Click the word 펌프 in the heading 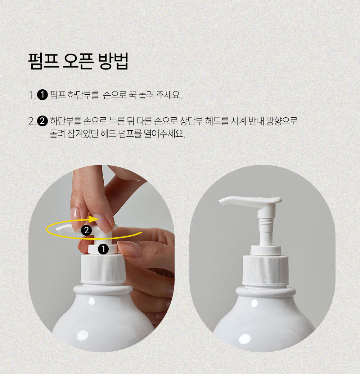44,61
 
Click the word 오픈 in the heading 78,61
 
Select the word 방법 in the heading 113,61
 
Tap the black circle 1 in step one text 42,95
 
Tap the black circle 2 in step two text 42,121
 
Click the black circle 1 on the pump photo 103,249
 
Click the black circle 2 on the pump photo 86,230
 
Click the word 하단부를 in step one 83,95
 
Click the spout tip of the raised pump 222,202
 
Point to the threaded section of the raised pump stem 266,223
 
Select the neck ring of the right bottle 266,292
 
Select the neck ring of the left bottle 103,290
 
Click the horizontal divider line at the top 180,13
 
